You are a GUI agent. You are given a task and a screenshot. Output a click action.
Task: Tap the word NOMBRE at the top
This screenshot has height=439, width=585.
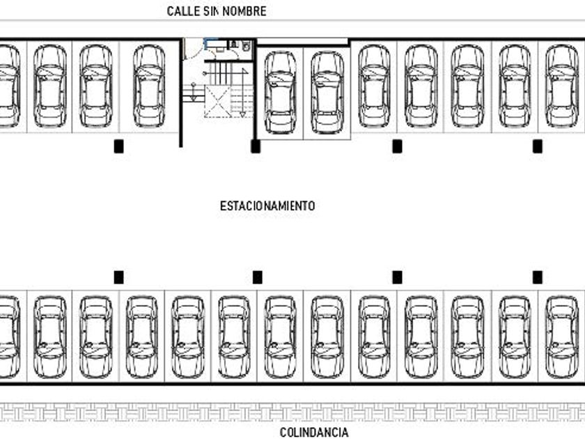(x=243, y=11)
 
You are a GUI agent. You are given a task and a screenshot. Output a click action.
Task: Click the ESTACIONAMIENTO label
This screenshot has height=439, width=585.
(x=267, y=206)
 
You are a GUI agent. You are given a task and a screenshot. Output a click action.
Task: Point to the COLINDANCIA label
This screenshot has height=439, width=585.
(x=314, y=433)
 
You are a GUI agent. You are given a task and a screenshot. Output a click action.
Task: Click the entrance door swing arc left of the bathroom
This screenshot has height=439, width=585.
(x=188, y=49)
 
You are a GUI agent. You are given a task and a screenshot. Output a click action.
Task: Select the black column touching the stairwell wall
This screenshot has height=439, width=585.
(x=256, y=146)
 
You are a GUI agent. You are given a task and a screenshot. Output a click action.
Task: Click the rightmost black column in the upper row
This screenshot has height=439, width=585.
(x=538, y=146)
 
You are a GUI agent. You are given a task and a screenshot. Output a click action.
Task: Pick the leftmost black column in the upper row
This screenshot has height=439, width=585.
(x=118, y=146)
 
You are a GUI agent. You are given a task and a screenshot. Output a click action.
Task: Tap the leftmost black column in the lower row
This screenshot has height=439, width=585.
(x=118, y=277)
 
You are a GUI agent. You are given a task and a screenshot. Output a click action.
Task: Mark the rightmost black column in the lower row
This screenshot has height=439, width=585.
(x=538, y=277)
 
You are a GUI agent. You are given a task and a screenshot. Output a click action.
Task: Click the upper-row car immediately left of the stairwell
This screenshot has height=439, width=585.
(x=149, y=86)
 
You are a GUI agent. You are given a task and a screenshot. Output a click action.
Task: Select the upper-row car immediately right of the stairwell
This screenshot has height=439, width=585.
(x=281, y=91)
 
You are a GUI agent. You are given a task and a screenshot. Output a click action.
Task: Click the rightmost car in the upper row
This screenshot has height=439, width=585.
(x=561, y=86)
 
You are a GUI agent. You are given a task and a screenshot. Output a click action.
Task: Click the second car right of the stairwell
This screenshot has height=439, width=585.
(x=327, y=91)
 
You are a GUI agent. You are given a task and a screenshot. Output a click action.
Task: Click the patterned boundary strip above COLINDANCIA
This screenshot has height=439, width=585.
(x=292, y=413)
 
